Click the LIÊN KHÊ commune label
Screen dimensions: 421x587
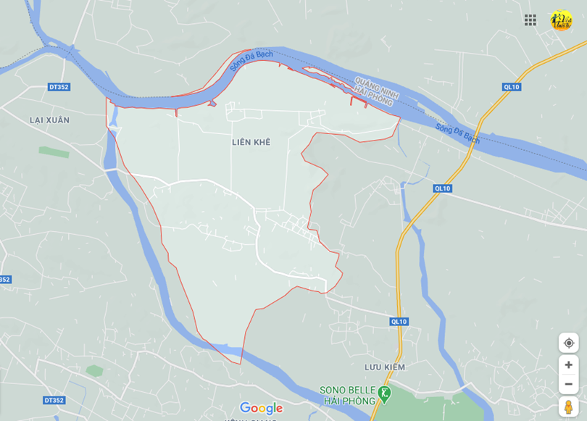point(251,142)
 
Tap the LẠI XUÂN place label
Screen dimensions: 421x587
point(49,120)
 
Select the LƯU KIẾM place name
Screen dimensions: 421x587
point(385,367)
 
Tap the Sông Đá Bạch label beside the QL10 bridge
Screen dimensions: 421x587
point(457,133)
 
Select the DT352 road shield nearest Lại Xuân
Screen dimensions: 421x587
point(59,87)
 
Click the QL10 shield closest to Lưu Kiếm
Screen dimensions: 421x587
point(399,321)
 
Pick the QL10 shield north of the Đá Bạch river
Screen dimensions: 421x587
point(512,87)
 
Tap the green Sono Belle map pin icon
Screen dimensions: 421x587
point(385,394)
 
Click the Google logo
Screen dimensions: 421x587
point(261,408)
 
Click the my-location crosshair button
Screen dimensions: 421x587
point(568,343)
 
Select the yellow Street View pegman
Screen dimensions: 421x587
point(568,407)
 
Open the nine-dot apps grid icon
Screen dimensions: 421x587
point(530,20)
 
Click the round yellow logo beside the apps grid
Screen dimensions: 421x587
point(561,20)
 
